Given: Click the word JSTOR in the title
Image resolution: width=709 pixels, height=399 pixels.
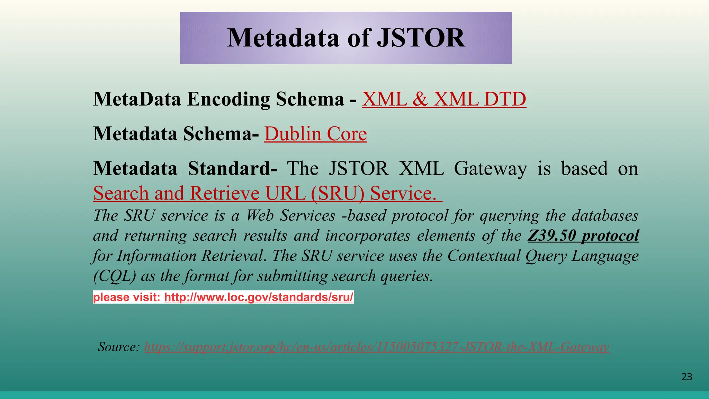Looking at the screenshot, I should coord(421,38).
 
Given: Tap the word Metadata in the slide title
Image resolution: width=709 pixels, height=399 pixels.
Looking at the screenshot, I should coord(283,38).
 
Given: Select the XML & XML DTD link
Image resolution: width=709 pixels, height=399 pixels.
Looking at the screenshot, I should coord(444,99).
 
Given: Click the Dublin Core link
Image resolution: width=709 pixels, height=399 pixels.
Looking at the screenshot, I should coord(315,134).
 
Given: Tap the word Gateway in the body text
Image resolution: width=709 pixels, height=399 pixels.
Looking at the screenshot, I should coord(490,169).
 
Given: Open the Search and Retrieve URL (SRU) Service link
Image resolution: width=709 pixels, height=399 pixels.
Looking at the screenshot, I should coord(267,193).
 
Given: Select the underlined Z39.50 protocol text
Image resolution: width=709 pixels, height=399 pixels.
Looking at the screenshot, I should coord(583,236).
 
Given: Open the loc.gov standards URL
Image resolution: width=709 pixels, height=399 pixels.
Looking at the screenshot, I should coord(259,297).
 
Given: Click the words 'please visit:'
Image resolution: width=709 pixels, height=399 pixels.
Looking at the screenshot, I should coord(127,297).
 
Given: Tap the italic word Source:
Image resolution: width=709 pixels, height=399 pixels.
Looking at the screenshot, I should coord(119,347).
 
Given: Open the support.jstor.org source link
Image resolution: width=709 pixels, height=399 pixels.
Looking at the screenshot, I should coord(377,347).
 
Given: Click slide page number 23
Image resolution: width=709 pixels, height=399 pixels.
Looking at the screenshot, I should coord(686,377).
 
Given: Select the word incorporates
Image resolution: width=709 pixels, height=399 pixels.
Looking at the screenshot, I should coord(368,236).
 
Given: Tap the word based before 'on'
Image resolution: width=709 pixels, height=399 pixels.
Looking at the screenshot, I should coord(584,169).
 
